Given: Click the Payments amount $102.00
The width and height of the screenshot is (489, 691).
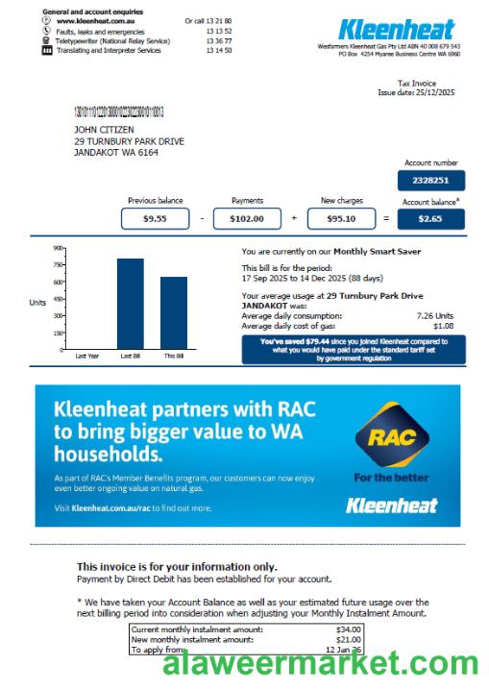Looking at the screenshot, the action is [x=247, y=219].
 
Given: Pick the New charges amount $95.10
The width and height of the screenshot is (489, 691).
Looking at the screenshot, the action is [x=341, y=219].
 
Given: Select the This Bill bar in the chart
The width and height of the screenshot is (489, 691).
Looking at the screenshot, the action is [x=174, y=311].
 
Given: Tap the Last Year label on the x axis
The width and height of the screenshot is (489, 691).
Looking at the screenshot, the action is [x=87, y=356].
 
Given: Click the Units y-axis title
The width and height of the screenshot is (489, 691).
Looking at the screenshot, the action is [x=38, y=302].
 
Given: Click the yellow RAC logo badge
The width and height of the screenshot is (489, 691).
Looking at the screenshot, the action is [x=391, y=437].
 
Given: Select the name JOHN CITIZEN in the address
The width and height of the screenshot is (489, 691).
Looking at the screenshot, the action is [x=104, y=130].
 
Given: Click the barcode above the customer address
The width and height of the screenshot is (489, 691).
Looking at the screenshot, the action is [x=118, y=112].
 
